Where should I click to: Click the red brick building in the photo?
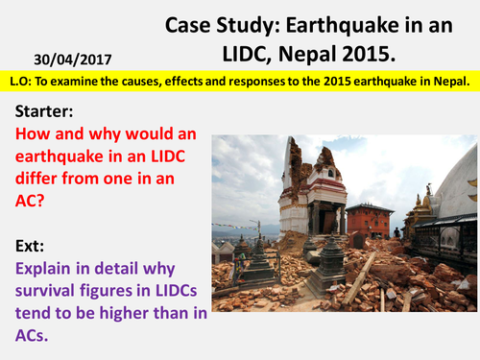click(x=370, y=222)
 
